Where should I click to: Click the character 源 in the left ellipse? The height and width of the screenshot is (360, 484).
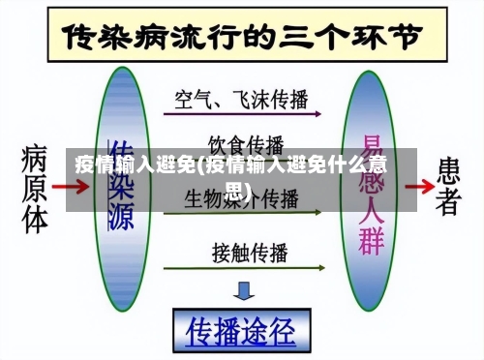pos(120,218)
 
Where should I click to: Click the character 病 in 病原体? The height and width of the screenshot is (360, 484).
pos(35,155)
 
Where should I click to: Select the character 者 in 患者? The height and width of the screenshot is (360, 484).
pos(447,200)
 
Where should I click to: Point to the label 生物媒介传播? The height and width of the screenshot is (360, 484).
pos(243,199)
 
